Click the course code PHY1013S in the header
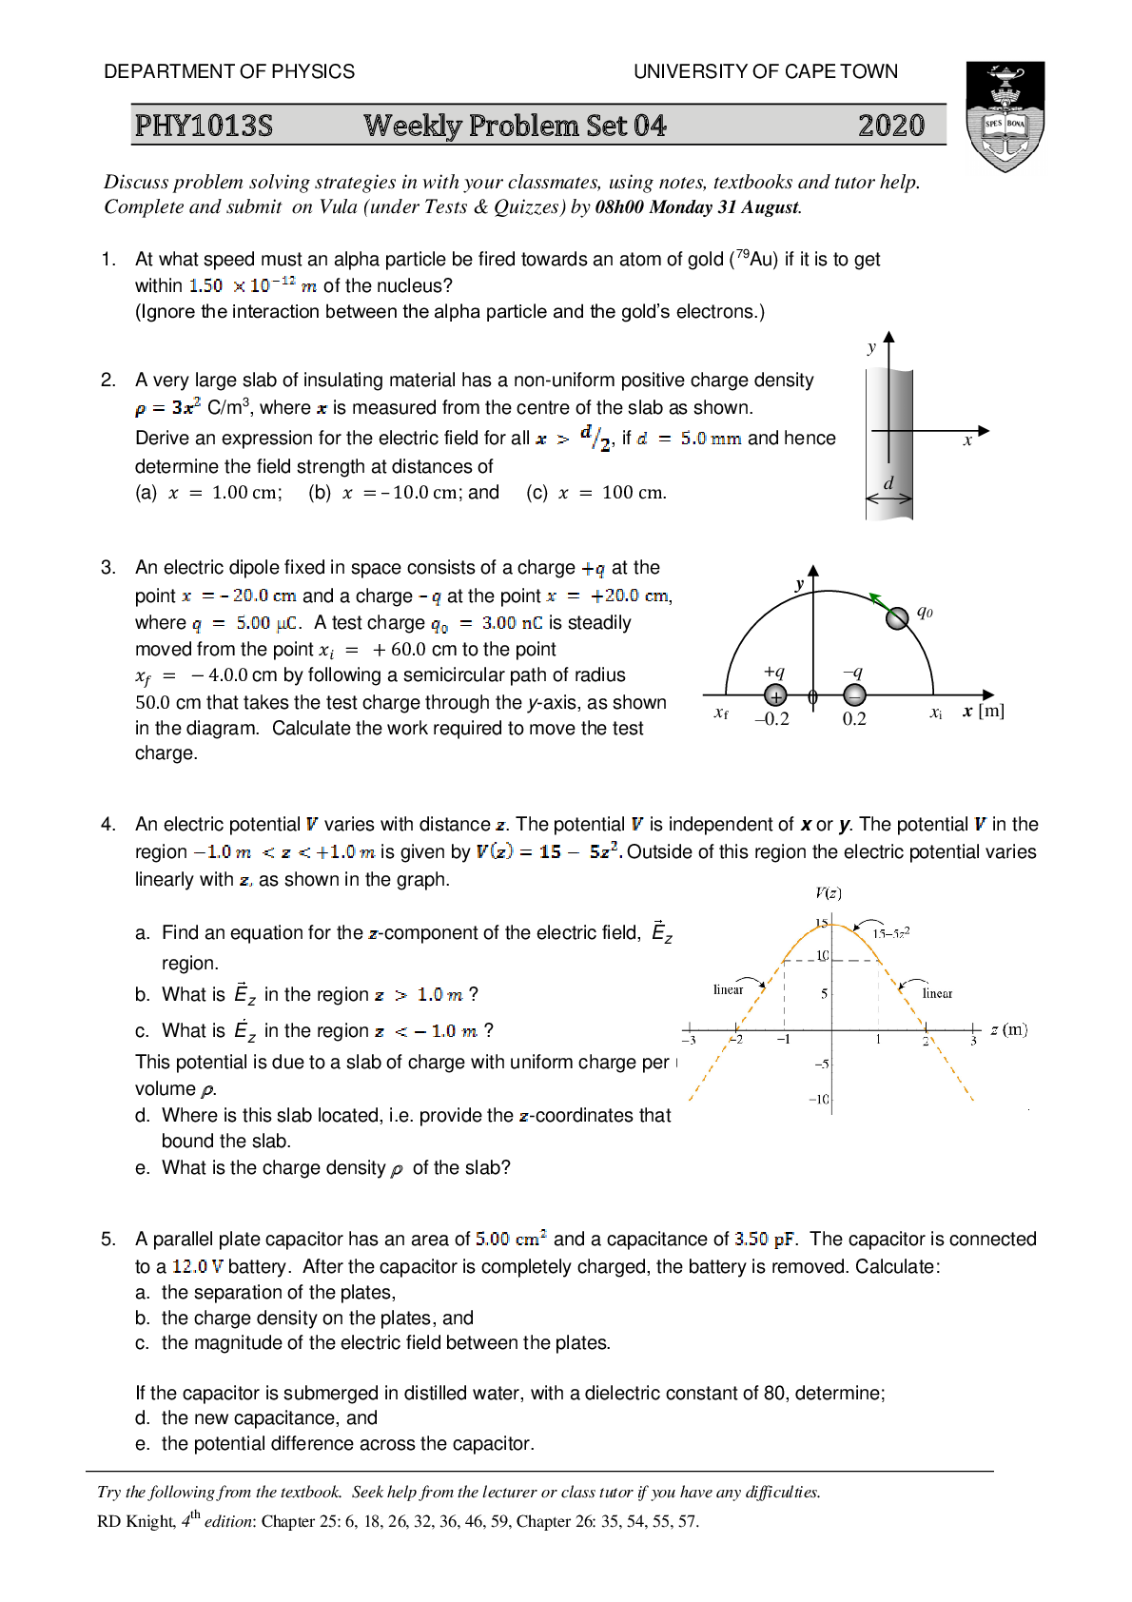[204, 126]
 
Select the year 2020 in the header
[890, 126]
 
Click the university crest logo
[1005, 119]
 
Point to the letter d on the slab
[888, 483]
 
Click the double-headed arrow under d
[888, 498]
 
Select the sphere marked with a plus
[775, 696]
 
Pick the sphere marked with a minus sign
[854, 696]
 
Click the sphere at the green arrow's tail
[897, 618]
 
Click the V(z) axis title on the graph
[828, 892]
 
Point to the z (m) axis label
[1008, 1029]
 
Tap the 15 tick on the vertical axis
[821, 924]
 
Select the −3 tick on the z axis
[689, 1041]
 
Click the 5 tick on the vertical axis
[824, 994]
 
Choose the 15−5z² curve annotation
[891, 933]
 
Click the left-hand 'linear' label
[729, 990]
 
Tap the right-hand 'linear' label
[937, 994]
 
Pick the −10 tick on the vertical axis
[819, 1100]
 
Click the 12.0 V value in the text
[197, 1266]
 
